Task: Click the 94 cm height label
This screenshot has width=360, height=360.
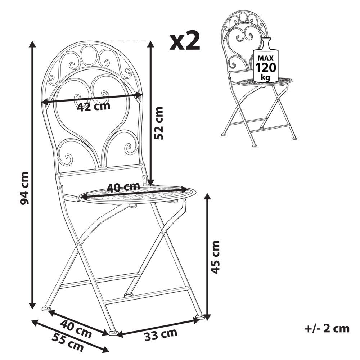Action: (24, 188)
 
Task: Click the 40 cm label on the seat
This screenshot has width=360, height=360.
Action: (123, 187)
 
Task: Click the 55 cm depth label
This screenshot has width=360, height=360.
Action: (68, 342)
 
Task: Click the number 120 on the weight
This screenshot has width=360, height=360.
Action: (266, 67)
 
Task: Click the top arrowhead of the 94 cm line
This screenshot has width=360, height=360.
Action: (32, 44)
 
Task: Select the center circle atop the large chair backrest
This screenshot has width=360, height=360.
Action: (87, 55)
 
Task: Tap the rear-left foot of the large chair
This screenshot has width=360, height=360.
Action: (46, 308)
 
